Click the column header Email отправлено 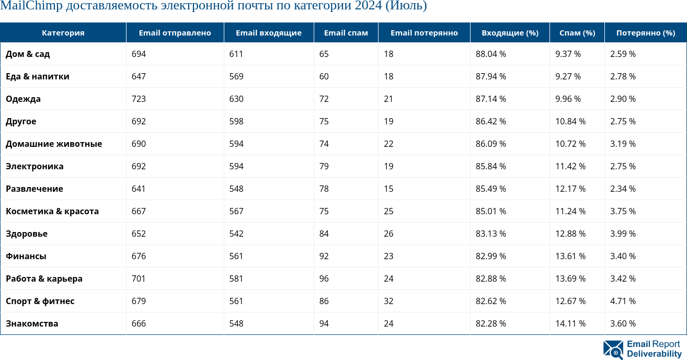point(175,33)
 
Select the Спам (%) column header point(577,33)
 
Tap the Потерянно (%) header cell point(646,33)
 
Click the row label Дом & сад point(28,54)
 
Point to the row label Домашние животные point(54,144)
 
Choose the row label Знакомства point(32,323)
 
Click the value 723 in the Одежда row point(139,99)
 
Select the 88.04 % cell point(491,54)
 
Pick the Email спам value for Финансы point(324,256)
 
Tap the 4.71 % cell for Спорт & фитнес point(623,301)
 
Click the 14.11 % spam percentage point(570,323)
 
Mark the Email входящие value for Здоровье point(236,234)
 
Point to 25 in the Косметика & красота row point(388,211)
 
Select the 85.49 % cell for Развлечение point(491,189)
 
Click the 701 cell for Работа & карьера point(139,278)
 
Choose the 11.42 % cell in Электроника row point(570,166)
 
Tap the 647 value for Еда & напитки point(139,76)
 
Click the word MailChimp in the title point(31,6)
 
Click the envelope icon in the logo point(613,350)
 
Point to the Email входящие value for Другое point(236,121)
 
